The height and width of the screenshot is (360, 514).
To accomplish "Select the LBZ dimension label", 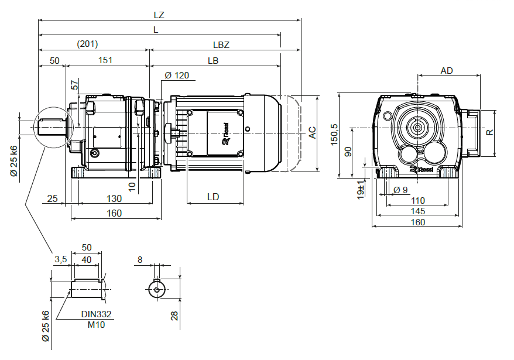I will click(221, 45).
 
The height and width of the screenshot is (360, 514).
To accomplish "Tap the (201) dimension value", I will click(87, 44).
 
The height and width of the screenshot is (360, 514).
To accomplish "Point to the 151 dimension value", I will click(105, 60).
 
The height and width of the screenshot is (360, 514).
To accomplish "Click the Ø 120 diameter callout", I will click(177, 76).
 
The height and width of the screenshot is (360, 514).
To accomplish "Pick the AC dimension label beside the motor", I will click(313, 133).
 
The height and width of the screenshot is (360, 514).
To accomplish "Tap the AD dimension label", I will click(447, 71).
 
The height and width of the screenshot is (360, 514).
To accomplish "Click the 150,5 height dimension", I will click(334, 135).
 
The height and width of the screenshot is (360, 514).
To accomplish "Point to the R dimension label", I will click(491, 132).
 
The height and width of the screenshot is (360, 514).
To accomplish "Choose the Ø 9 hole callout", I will click(401, 190).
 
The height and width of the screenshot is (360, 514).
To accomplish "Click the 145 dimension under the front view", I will click(418, 211).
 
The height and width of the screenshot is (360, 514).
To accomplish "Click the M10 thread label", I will click(95, 324).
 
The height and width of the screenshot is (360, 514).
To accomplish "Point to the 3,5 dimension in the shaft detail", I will click(60, 259).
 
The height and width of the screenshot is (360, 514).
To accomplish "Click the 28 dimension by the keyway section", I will click(174, 316).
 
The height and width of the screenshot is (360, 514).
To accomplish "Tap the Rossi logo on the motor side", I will click(229, 139).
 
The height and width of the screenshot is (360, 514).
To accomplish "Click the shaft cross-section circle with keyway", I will click(157, 289).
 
